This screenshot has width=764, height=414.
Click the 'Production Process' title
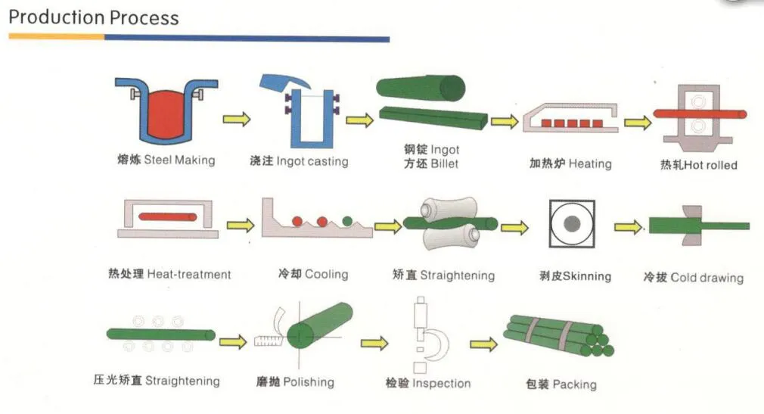(x=94, y=17)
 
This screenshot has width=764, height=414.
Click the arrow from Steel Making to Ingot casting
(x=236, y=119)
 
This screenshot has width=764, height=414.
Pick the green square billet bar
(x=431, y=118)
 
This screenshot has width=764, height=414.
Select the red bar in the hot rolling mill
(x=699, y=114)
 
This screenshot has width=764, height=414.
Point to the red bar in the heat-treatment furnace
(x=167, y=217)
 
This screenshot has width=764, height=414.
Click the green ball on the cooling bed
(x=347, y=221)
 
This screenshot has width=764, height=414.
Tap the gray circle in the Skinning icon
(x=572, y=224)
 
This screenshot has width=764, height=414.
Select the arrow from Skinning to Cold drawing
(x=627, y=226)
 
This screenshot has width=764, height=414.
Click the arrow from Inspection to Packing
(x=483, y=344)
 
